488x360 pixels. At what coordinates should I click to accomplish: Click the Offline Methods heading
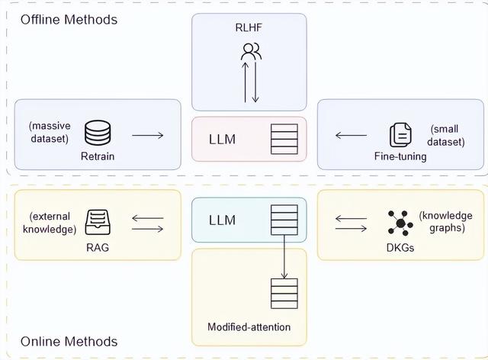[69, 19]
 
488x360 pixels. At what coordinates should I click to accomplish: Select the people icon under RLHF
[251, 52]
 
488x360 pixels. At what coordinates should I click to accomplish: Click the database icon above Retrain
[97, 134]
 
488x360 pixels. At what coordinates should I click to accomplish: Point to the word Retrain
[97, 156]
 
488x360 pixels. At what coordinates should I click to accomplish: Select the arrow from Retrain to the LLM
[147, 136]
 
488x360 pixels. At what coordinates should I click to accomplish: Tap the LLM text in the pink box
[222, 139]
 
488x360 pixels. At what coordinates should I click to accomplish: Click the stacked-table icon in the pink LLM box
[284, 139]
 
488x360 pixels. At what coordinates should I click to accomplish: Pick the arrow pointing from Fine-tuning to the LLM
[351, 136]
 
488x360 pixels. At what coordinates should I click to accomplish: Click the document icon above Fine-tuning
[400, 135]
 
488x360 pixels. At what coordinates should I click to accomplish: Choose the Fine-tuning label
[401, 156]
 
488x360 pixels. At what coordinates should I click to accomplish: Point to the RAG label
[98, 246]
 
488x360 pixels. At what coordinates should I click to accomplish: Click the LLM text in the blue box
[222, 220]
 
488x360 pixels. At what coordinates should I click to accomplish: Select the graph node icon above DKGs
[400, 222]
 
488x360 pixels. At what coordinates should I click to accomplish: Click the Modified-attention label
[249, 327]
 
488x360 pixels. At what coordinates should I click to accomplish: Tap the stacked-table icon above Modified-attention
[284, 293]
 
